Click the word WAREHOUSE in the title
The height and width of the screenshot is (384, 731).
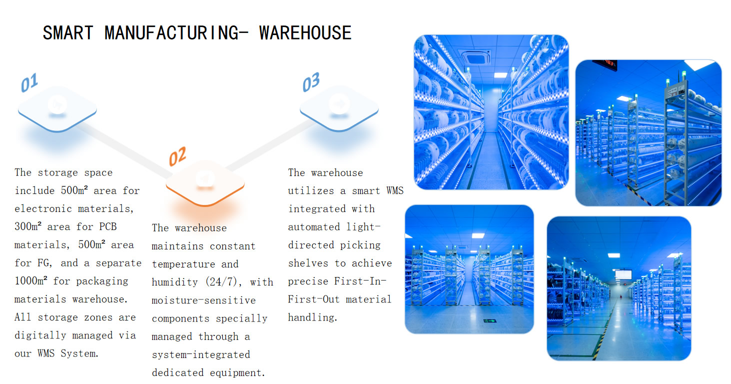pyautogui.click(x=305, y=33)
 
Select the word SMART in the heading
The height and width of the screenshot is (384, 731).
pyautogui.click(x=67, y=33)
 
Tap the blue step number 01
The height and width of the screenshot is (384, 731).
pyautogui.click(x=29, y=83)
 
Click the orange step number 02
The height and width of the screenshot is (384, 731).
pyautogui.click(x=177, y=156)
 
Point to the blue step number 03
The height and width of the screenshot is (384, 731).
pyautogui.click(x=311, y=82)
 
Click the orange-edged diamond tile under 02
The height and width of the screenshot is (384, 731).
pyautogui.click(x=205, y=183)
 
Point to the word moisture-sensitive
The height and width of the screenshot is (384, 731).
pyautogui.click(x=203, y=300)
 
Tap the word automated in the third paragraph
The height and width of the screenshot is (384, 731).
pyautogui.click(x=314, y=226)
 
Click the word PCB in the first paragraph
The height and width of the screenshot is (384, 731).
pyautogui.click(x=107, y=226)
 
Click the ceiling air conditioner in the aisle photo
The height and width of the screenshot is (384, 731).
pyautogui.click(x=476, y=56)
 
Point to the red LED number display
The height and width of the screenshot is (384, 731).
pyautogui.click(x=605, y=64)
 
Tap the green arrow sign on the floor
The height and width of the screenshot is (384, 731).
pyautogui.click(x=487, y=320)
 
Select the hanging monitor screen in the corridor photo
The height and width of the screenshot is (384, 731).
pyautogui.click(x=623, y=274)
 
